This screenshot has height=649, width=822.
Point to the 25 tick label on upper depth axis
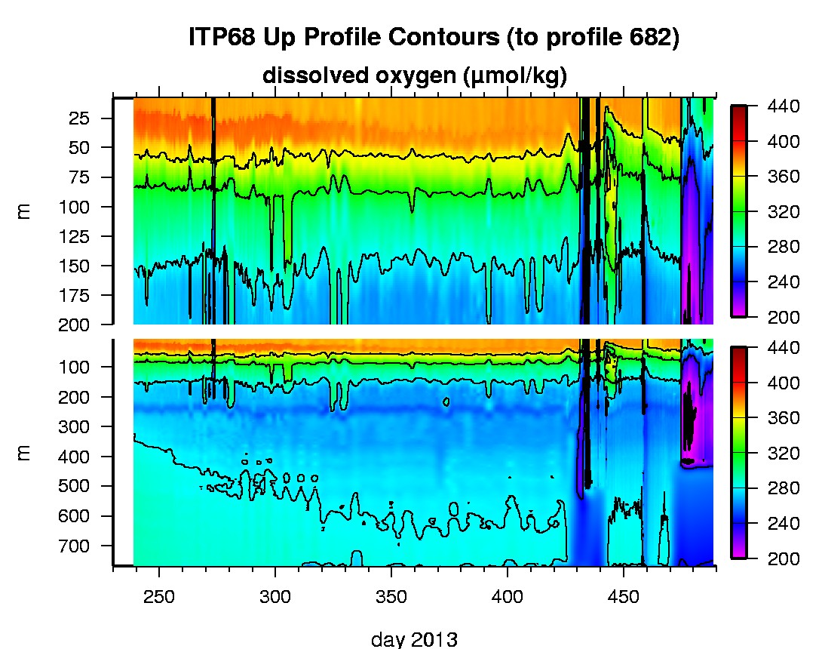click(x=81, y=118)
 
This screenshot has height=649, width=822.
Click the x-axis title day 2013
click(x=414, y=639)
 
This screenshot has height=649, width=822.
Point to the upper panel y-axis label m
click(x=24, y=212)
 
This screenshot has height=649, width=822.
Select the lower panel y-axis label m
click(x=24, y=452)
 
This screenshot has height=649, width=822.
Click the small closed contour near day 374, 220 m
click(x=446, y=401)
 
